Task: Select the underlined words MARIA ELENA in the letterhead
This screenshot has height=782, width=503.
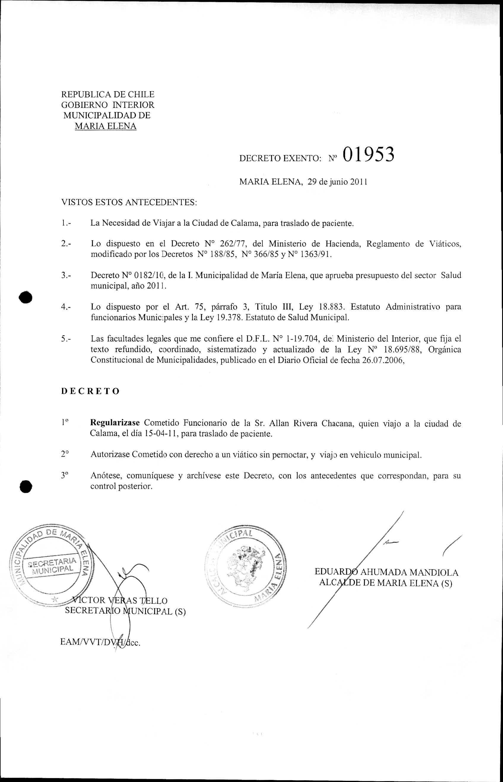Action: [x=106, y=126]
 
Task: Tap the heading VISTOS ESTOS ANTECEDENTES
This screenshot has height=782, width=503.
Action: [x=129, y=202]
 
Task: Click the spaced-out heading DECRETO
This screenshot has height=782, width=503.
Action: [x=91, y=391]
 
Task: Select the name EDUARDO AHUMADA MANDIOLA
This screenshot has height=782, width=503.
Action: [x=386, y=573]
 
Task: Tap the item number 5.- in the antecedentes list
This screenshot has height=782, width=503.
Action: [x=66, y=339]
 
